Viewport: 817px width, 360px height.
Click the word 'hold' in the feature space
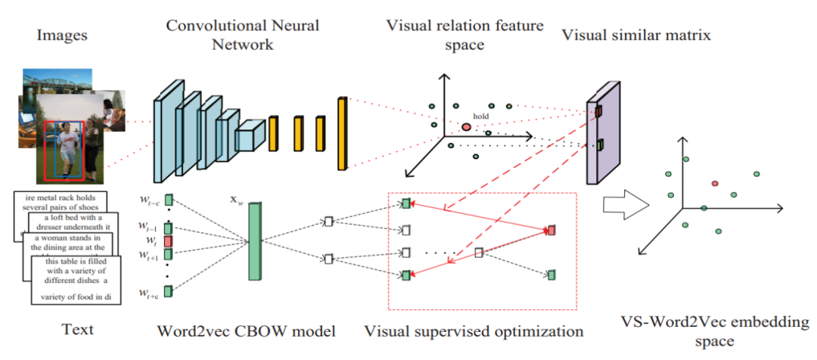tap(481, 116)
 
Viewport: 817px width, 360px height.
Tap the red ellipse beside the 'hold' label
tap(466, 126)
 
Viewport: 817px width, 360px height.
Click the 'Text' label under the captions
tap(77, 329)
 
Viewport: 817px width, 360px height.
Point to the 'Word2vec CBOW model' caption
tap(246, 331)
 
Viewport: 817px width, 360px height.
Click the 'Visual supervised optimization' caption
tap(474, 331)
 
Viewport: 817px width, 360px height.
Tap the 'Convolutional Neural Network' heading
tap(243, 35)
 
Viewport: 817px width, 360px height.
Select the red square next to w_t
tap(168, 241)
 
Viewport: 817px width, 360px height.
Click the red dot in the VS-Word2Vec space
tap(715, 184)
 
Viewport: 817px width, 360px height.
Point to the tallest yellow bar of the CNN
tap(343, 132)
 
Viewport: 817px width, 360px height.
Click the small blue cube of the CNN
tap(248, 138)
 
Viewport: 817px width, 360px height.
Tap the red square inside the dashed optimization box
tap(551, 229)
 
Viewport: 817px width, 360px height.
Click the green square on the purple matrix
tap(599, 144)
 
